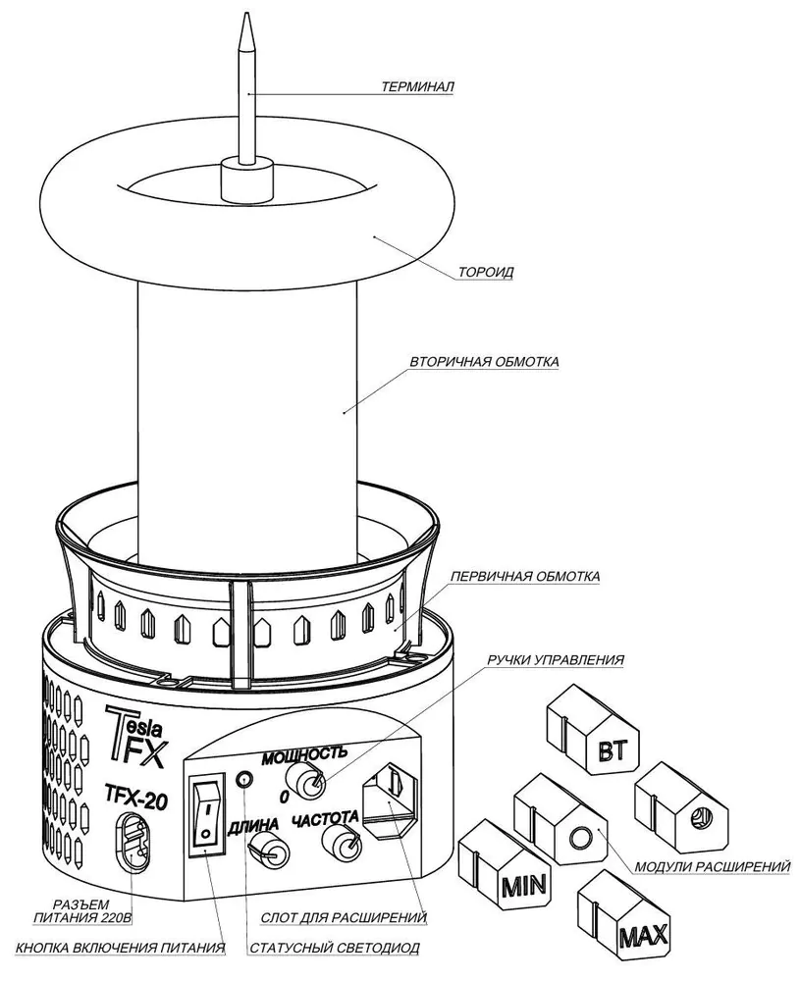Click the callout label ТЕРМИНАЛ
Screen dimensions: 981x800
pyautogui.click(x=417, y=86)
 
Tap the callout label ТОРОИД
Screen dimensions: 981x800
pyautogui.click(x=487, y=272)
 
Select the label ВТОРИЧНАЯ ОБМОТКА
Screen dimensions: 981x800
pyautogui.click(x=484, y=362)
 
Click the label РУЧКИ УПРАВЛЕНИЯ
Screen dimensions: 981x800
pyautogui.click(x=556, y=660)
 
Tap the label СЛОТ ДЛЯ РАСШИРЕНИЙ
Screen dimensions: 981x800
pyautogui.click(x=344, y=918)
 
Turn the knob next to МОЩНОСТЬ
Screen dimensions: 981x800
pyautogui.click(x=314, y=783)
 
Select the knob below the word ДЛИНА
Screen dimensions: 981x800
pyautogui.click(x=266, y=851)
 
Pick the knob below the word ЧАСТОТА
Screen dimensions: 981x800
pyautogui.click(x=344, y=840)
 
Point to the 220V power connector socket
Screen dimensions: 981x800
pyautogui.click(x=133, y=842)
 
